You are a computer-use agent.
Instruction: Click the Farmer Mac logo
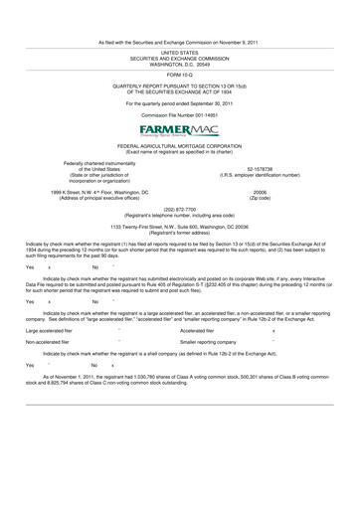click(x=180, y=131)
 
